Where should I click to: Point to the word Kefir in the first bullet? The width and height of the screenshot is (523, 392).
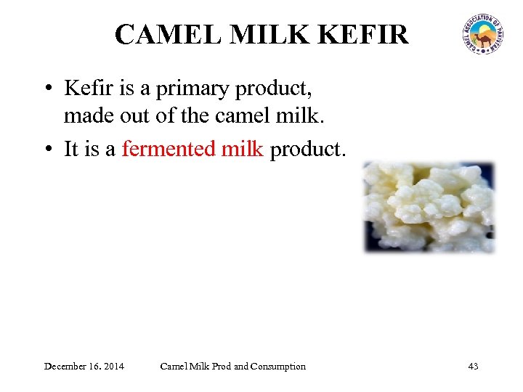[86, 89]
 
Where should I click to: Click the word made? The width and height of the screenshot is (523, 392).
[88, 115]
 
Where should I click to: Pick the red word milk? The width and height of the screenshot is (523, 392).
[242, 149]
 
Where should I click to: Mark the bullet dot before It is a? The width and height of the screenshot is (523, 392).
[47, 150]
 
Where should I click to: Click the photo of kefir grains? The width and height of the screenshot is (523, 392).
[429, 207]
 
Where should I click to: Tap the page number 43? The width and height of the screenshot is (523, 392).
[473, 366]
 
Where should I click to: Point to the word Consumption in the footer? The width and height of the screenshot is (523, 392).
[277, 366]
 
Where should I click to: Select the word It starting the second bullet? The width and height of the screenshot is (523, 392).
[71, 149]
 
